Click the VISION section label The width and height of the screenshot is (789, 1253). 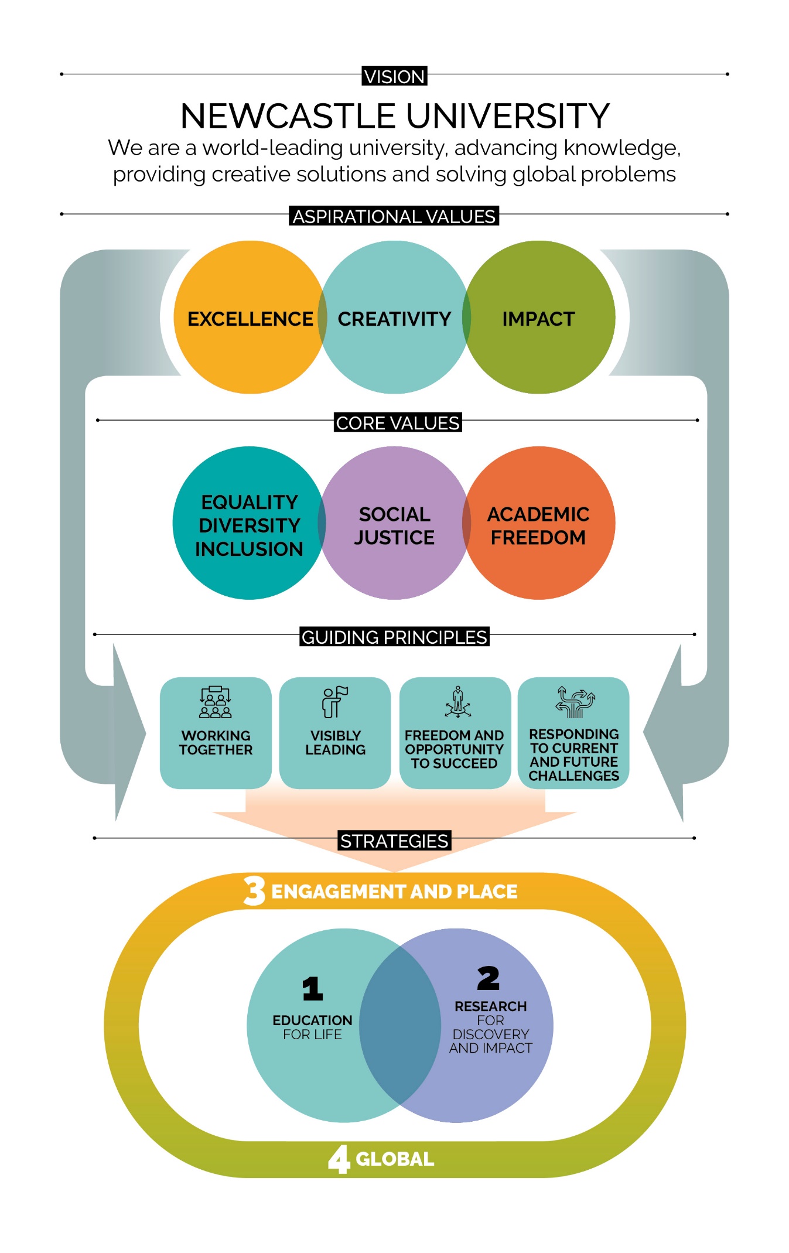(394, 76)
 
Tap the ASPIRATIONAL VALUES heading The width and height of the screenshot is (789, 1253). (394, 216)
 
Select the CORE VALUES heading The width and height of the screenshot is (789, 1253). (398, 422)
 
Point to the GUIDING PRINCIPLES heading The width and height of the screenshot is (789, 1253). (394, 637)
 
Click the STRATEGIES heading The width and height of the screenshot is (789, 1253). (394, 841)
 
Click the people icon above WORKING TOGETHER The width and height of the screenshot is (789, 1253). (216, 702)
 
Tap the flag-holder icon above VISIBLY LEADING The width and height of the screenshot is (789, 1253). (335, 702)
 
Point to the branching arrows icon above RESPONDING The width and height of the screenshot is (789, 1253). (575, 702)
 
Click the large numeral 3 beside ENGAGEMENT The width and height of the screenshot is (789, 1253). (255, 890)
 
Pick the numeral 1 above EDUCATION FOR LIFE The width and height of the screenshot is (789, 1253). (312, 989)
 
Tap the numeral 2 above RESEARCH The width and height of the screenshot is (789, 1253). (488, 978)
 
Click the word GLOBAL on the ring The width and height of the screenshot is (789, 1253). (395, 1159)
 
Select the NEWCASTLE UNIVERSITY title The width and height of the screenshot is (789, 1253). (394, 116)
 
